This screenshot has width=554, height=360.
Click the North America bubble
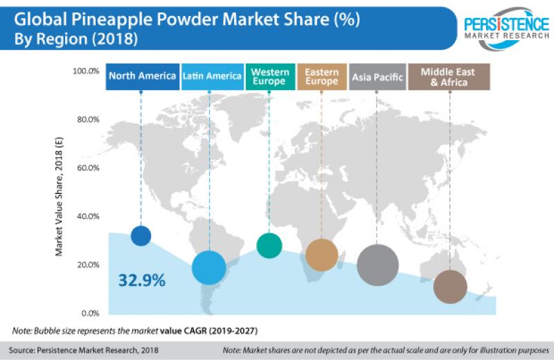point(141,235)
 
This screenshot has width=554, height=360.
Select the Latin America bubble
point(209,268)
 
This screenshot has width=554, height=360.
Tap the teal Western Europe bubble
point(269,244)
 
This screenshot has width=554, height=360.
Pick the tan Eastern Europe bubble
point(321,254)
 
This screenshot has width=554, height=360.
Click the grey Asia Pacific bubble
point(377,264)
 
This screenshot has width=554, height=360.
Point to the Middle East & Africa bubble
point(450,287)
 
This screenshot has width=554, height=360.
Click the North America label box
point(142,76)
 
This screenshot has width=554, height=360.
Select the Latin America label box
point(212,76)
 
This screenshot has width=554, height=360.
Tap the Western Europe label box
point(270,76)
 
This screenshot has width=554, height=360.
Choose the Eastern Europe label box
point(321,76)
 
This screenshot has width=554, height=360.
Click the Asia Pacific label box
point(377,76)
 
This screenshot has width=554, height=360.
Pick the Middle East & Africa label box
point(450,76)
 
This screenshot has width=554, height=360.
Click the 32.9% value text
point(141,280)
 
